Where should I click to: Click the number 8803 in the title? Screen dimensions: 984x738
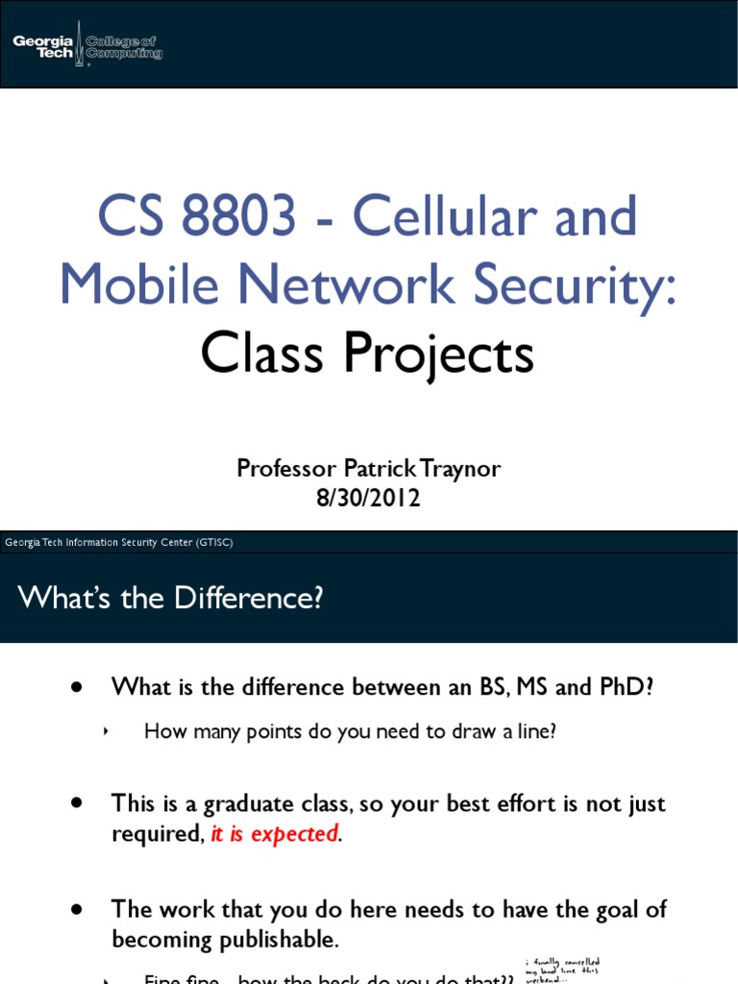[x=239, y=217]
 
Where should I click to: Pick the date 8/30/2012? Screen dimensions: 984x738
[x=369, y=499]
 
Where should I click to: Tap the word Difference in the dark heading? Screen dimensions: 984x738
[x=248, y=598]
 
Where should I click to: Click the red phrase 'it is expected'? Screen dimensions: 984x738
[x=274, y=834]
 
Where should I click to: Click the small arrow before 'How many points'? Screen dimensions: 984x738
[x=107, y=732]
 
